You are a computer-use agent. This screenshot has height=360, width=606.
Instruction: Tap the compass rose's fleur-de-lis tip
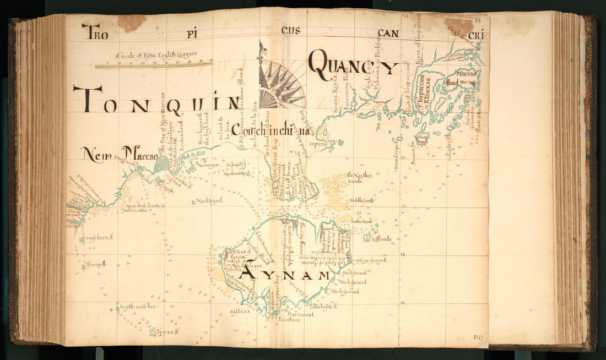[x=261, y=49]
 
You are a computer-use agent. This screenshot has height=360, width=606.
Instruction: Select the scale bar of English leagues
[x=154, y=64]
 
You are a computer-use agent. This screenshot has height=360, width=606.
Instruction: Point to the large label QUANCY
[x=353, y=66]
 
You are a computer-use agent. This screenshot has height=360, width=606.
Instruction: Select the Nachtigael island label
[x=209, y=201]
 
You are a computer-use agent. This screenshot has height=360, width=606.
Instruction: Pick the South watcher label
[x=138, y=306]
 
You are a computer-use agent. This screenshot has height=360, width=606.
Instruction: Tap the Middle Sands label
[x=361, y=200]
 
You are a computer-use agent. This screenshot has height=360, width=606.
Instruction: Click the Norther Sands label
[x=361, y=177]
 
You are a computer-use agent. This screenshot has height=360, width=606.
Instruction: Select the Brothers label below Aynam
[x=289, y=319]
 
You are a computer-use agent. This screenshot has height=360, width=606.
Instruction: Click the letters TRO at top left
[x=94, y=31]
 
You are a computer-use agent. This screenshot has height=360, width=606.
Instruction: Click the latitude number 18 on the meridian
[x=403, y=302]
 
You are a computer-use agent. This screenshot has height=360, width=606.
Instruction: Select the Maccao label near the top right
[x=466, y=73]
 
